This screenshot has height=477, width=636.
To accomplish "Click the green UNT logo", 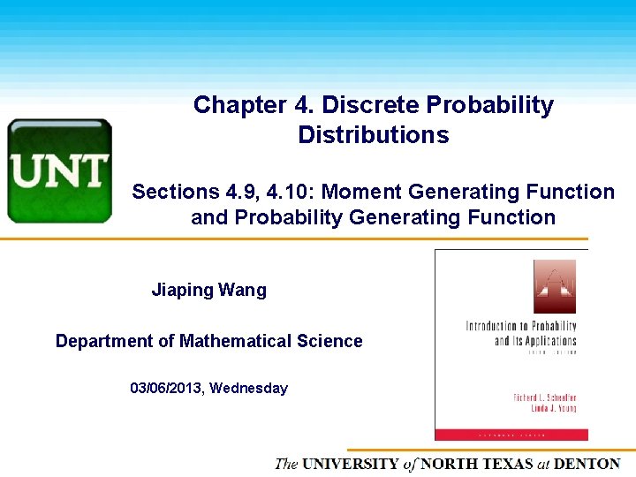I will click(59, 170).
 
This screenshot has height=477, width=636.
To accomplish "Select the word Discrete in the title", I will click(371, 105).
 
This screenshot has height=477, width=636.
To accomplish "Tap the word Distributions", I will click(373, 135).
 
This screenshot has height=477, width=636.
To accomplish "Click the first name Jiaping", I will click(183, 290).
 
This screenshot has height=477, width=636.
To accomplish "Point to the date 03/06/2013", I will click(168, 388).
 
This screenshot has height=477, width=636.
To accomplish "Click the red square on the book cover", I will click(554, 286).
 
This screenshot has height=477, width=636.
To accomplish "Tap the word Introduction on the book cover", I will click(498, 327).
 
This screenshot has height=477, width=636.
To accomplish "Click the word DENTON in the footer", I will click(587, 464).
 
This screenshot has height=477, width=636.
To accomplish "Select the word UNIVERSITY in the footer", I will click(350, 464).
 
